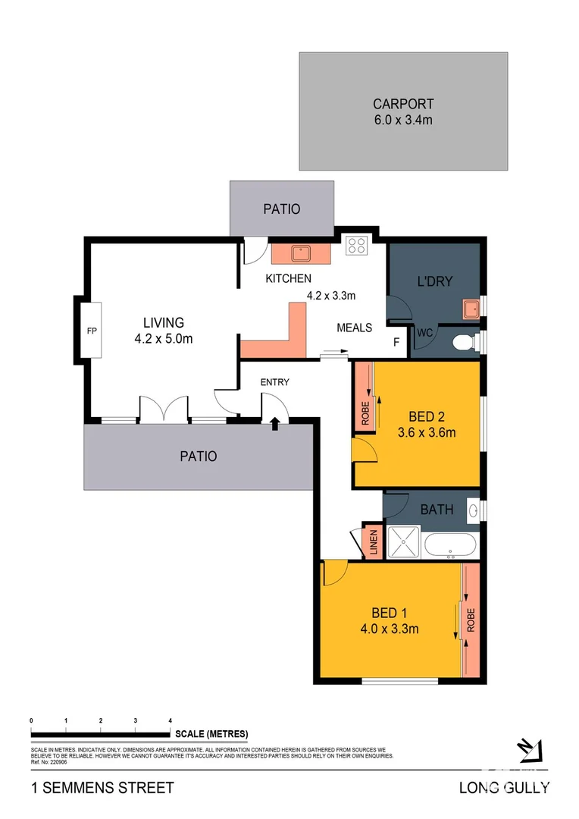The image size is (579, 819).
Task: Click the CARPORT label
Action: click(x=402, y=104)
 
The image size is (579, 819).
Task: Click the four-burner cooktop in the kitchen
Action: click(x=356, y=246)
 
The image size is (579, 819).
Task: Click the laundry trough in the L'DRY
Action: click(x=471, y=308)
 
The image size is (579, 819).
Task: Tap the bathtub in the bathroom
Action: click(x=450, y=544)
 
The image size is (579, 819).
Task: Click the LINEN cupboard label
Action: click(x=372, y=543)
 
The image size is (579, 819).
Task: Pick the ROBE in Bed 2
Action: click(x=364, y=413)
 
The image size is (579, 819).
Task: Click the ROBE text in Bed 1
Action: click(x=471, y=620)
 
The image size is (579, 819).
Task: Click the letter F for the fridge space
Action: click(x=396, y=343)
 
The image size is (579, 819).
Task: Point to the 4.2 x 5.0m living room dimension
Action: click(x=163, y=339)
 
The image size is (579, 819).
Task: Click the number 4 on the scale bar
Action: click(x=170, y=720)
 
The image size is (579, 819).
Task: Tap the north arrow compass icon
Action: click(x=531, y=750)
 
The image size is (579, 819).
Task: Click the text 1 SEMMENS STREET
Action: click(x=102, y=788)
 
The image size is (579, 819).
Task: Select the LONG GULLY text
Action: click(x=504, y=788)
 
